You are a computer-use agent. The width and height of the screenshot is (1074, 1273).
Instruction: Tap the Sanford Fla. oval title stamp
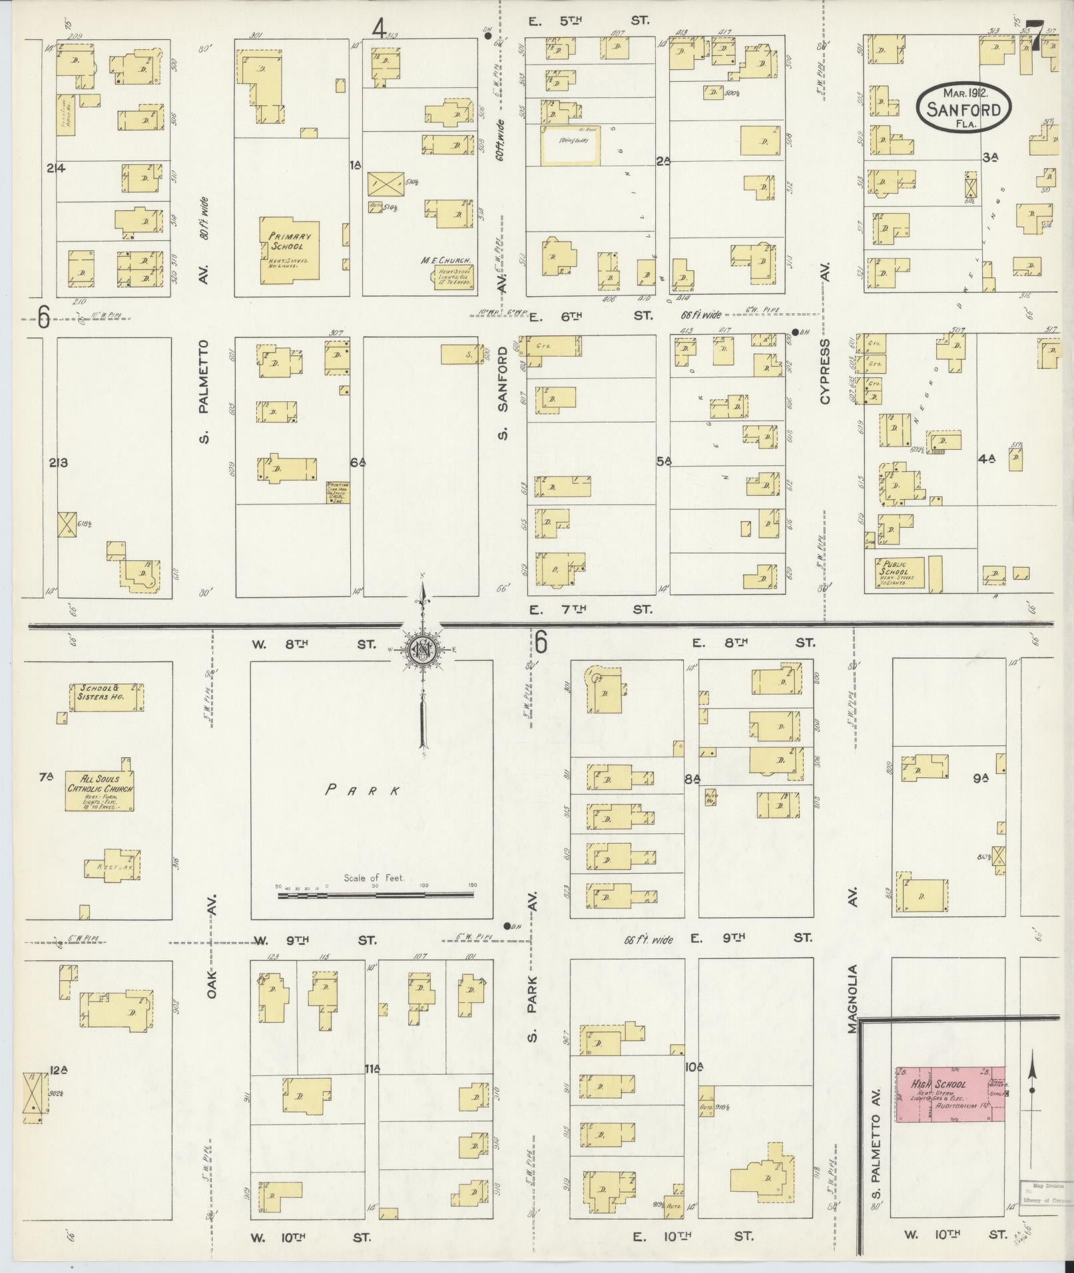[963, 108]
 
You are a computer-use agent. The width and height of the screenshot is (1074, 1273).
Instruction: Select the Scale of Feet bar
[377, 896]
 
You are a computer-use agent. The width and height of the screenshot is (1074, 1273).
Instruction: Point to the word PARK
[364, 791]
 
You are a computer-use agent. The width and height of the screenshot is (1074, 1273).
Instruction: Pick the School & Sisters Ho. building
[107, 696]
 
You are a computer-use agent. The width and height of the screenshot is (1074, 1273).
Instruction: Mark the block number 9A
[979, 777]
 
